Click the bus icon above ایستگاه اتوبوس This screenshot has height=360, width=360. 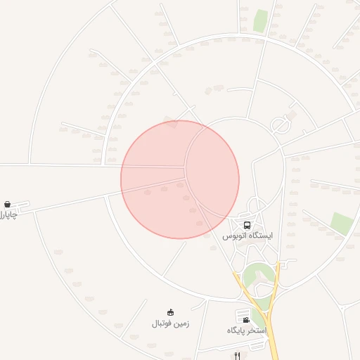point(247,225)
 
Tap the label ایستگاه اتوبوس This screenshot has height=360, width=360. point(247,236)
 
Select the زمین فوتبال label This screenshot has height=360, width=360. point(170,324)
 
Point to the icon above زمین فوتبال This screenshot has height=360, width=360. point(170,312)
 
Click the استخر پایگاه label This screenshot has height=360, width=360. point(247,330)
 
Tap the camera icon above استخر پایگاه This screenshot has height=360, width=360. point(246,320)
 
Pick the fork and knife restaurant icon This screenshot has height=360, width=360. point(237,356)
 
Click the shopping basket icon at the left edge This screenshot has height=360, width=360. point(7,204)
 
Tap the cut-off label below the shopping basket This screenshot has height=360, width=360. point(7,214)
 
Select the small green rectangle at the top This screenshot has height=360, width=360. point(261,20)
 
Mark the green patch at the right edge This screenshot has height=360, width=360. point(342,224)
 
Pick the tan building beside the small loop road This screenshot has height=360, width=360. point(292,112)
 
